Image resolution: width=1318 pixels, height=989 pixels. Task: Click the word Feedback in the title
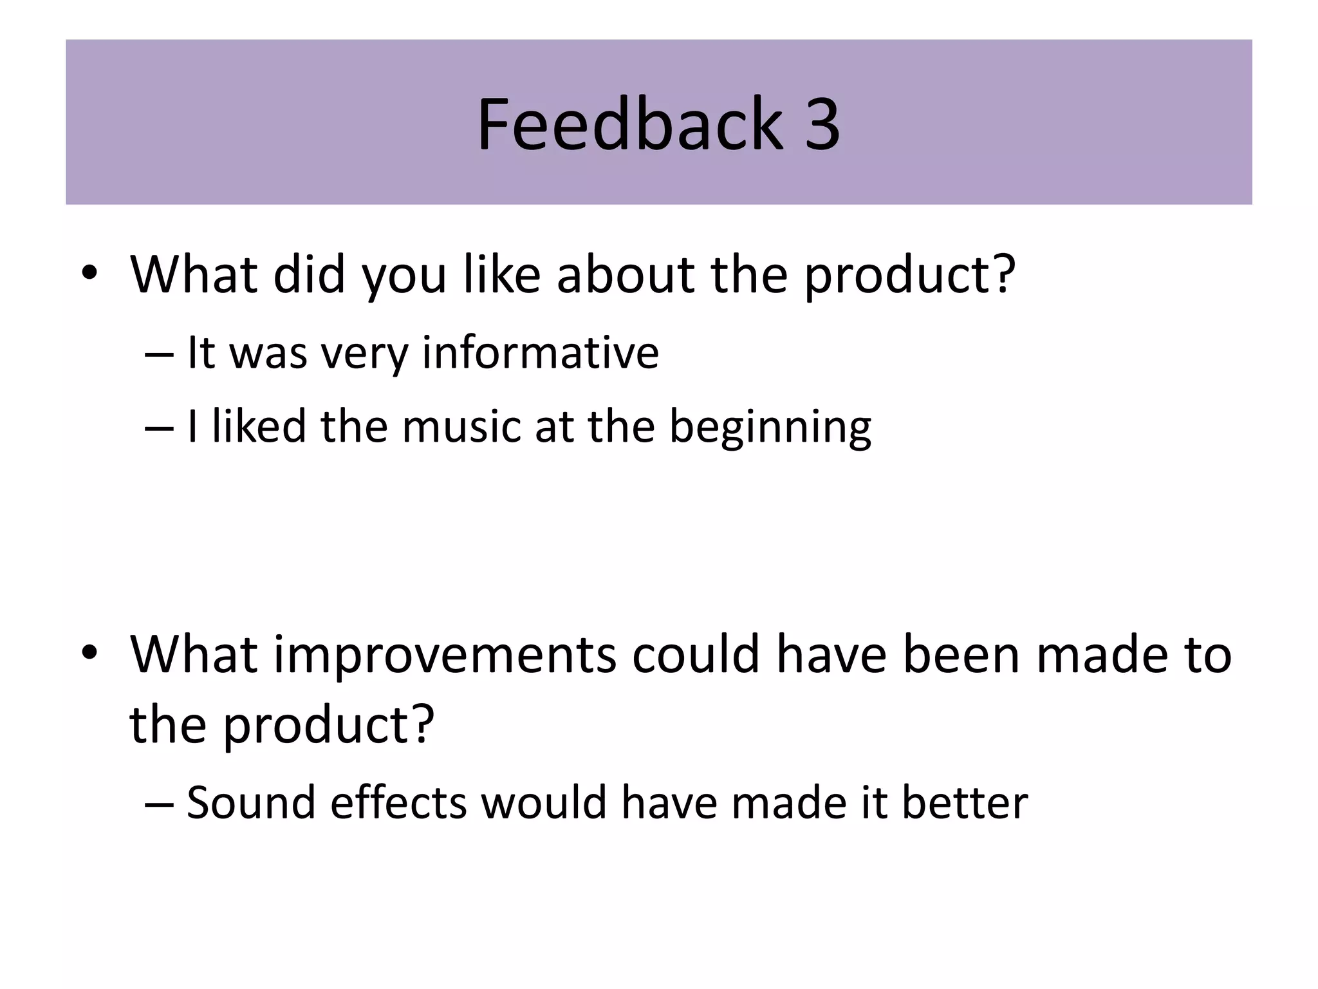tap(629, 124)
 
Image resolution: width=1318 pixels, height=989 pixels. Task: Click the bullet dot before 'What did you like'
tap(89, 273)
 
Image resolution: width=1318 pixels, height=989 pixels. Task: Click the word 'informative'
tap(540, 353)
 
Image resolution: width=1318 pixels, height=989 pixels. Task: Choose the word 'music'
tap(461, 426)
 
